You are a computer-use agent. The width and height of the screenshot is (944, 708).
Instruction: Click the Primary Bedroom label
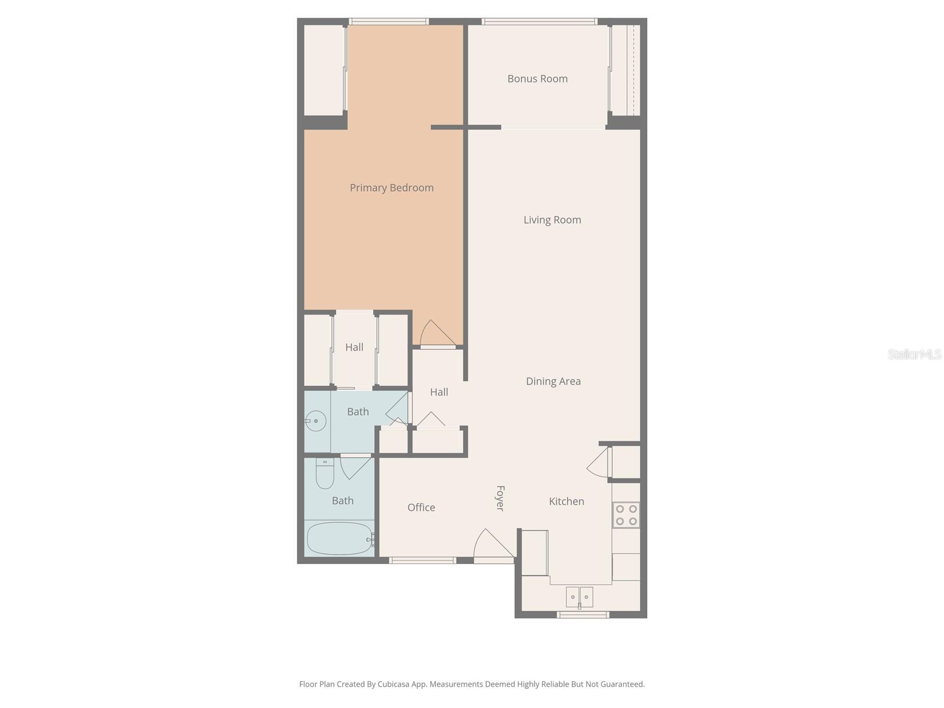tap(391, 188)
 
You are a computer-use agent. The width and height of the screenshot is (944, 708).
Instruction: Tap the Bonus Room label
tap(537, 78)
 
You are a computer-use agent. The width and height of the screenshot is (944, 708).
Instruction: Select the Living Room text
tap(552, 220)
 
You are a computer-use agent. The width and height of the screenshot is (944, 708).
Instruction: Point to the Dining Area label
tap(553, 381)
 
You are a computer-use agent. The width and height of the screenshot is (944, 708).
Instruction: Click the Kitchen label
tap(566, 501)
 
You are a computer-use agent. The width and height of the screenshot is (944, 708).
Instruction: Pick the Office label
tap(421, 507)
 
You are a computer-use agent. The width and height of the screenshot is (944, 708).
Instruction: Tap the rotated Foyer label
tap(500, 498)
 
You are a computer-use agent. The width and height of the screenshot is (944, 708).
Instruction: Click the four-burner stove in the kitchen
tap(626, 515)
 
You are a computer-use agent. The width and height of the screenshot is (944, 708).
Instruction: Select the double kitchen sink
tap(579, 596)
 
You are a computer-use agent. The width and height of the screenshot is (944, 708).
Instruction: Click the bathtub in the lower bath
tap(339, 539)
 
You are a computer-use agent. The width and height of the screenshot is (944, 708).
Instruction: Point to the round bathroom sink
tap(316, 421)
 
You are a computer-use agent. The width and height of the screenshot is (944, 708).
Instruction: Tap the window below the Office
tap(422, 560)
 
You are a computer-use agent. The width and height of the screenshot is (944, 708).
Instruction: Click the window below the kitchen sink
tap(582, 615)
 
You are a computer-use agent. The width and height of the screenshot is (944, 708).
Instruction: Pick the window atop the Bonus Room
tap(539, 22)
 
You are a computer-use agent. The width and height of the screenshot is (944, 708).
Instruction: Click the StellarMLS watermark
tap(914, 354)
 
